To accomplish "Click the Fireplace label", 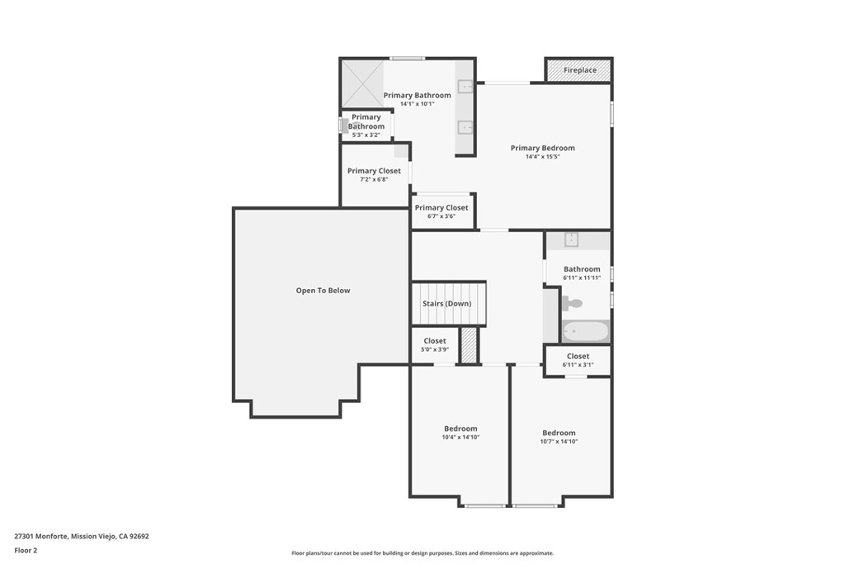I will (x=580, y=71).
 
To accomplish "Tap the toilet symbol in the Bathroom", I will (x=572, y=304).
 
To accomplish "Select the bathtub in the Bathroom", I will (x=585, y=331).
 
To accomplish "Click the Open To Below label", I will (x=323, y=291).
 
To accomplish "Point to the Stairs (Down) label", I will (x=447, y=304).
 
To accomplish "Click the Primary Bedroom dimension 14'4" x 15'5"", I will (x=542, y=157).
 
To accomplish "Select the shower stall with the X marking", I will (x=363, y=83).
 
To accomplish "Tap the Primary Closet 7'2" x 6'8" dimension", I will (x=374, y=179).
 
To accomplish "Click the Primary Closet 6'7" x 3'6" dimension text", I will (x=441, y=216).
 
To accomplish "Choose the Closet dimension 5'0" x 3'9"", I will (x=435, y=349).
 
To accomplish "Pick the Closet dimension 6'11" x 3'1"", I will (x=578, y=364).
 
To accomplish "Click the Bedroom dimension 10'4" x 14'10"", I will (x=460, y=437).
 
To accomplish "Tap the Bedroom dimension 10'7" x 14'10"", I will (x=559, y=442).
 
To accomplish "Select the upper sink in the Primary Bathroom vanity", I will (x=465, y=86).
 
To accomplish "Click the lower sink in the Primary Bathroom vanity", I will (x=465, y=127).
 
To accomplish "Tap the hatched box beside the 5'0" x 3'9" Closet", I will (x=469, y=345).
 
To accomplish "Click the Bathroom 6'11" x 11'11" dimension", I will (x=582, y=277).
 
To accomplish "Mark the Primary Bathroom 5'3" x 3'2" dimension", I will (x=366, y=135).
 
